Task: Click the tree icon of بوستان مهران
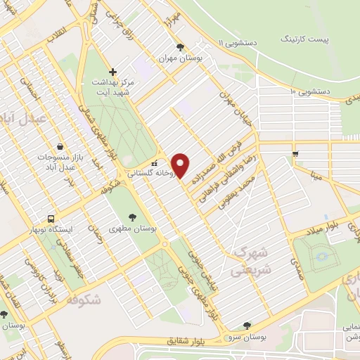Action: (181, 47)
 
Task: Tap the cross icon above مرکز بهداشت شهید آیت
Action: (112, 71)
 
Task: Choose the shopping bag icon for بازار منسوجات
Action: (60, 143)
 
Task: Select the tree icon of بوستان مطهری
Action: (133, 217)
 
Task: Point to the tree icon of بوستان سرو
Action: (246, 325)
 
